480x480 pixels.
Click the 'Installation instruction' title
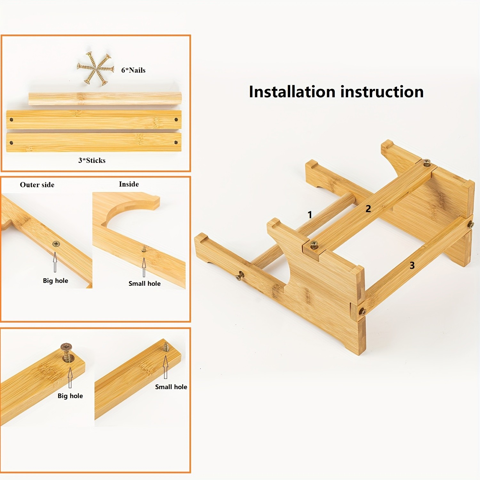[x=336, y=92]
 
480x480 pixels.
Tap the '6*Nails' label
[x=133, y=70]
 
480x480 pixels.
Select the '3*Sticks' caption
[x=92, y=160]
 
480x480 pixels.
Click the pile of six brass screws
[x=96, y=68]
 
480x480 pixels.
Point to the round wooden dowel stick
[x=105, y=99]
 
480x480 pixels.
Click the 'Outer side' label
[x=37, y=185]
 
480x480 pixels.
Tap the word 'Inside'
[x=129, y=184]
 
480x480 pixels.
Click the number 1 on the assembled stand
[x=310, y=214]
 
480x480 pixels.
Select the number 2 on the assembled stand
[x=368, y=209]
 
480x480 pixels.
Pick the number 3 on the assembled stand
[x=412, y=265]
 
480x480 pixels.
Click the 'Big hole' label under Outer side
[x=56, y=281]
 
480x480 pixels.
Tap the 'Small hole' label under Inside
[x=145, y=284]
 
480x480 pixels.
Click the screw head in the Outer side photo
[x=56, y=244]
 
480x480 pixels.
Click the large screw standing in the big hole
[x=67, y=352]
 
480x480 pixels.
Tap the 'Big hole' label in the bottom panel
[x=70, y=396]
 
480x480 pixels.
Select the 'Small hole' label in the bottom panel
[x=171, y=387]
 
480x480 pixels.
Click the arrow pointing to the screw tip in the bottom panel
[x=165, y=367]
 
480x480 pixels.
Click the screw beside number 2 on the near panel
[x=314, y=245]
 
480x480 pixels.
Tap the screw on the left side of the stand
[x=240, y=276]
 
